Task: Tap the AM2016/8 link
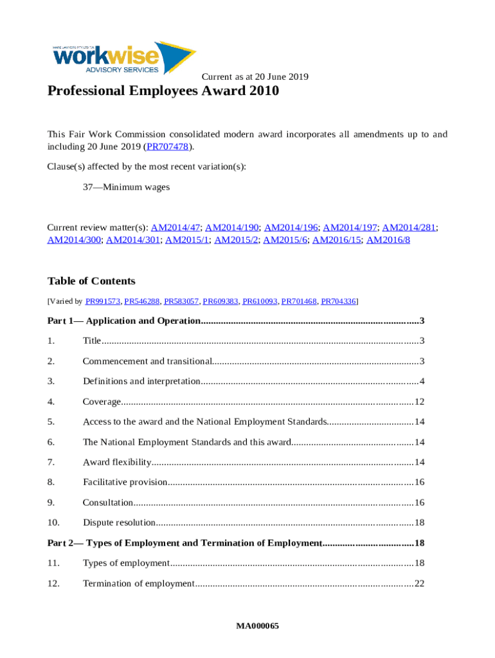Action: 388,240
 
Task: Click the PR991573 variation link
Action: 103,301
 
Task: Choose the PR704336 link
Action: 339,301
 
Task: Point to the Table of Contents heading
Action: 91,281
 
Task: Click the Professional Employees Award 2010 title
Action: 163,91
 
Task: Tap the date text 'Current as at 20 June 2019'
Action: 255,77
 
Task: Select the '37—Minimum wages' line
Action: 126,187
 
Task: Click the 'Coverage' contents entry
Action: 102,402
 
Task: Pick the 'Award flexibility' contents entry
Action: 117,462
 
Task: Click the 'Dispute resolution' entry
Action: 119,522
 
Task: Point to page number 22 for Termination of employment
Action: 419,583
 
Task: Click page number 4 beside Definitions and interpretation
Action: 422,382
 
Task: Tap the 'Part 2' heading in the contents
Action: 184,543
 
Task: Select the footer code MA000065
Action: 257,626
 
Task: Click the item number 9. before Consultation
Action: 51,502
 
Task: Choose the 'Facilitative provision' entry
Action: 125,482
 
